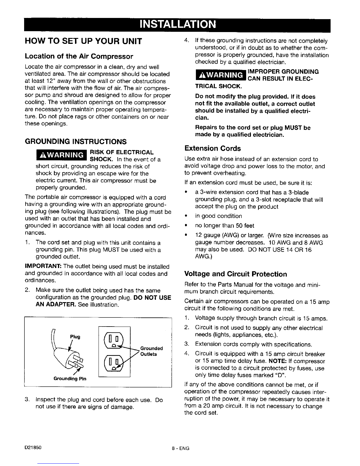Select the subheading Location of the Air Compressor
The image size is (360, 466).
point(79,56)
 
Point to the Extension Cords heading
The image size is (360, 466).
point(212,148)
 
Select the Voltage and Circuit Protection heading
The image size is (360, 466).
point(235,274)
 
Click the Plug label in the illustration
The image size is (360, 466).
point(75,336)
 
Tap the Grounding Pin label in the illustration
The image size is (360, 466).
point(70,379)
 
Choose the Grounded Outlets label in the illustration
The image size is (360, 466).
point(151,351)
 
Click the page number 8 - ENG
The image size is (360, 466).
point(180,449)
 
